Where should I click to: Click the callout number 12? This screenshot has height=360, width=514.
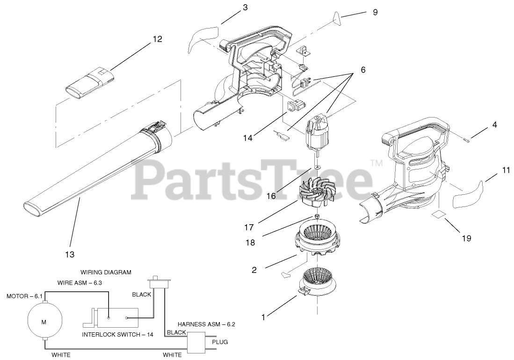point(157,39)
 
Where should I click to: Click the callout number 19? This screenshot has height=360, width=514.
point(466,238)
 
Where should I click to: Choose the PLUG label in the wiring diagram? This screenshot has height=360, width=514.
point(220,342)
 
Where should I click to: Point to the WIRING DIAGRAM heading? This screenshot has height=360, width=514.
point(106,272)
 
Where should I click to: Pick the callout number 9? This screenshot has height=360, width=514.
point(375,12)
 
